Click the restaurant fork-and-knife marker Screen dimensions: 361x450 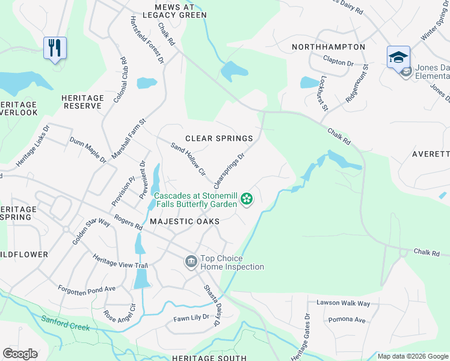(x=55, y=48)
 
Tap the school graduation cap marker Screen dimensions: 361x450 (x=398, y=57)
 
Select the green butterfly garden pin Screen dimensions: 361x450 (x=246, y=199)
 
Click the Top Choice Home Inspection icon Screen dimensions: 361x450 (x=191, y=261)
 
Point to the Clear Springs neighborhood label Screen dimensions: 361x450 (x=219, y=138)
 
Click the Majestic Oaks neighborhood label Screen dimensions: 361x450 (x=184, y=221)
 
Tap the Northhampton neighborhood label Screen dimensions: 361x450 (x=328, y=47)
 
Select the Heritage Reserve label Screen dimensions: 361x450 (x=82, y=101)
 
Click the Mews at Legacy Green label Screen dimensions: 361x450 (x=171, y=10)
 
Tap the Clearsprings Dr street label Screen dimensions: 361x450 (x=230, y=169)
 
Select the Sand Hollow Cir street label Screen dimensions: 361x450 (x=189, y=159)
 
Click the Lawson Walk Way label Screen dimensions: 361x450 (x=339, y=303)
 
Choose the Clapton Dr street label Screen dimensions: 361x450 (x=338, y=61)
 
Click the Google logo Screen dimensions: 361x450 (x=20, y=354)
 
